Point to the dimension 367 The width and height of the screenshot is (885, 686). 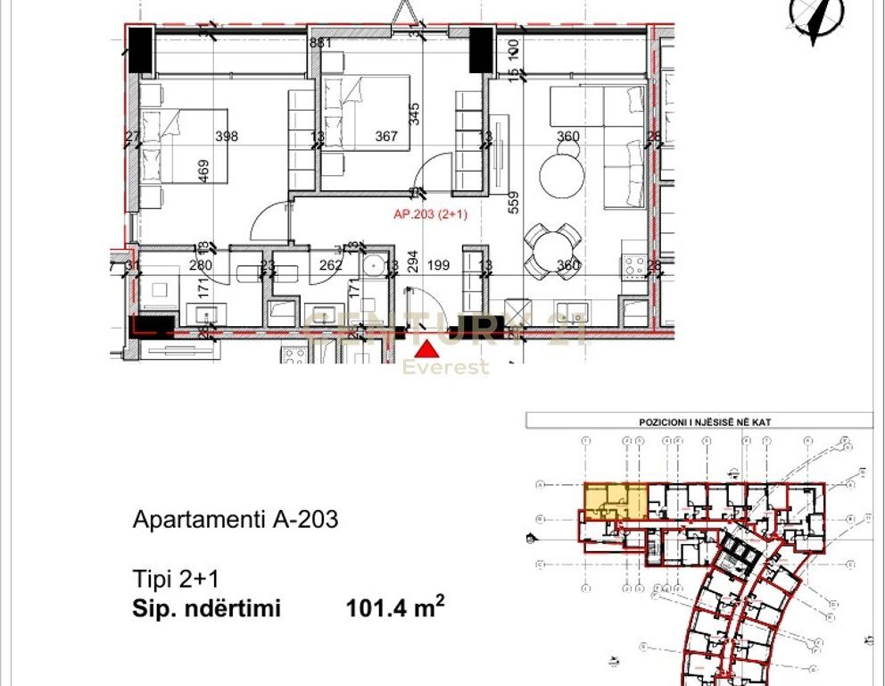click(386, 137)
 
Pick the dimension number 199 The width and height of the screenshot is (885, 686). click(437, 265)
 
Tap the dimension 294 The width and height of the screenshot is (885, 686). click(412, 261)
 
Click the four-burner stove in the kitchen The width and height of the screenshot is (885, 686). click(634, 264)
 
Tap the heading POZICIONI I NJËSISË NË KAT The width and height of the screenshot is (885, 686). click(699, 421)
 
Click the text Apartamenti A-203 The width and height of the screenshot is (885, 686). click(236, 520)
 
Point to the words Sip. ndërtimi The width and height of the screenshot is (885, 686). click(206, 609)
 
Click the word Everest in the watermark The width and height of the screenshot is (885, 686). click(446, 367)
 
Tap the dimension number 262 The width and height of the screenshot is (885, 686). click(331, 265)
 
